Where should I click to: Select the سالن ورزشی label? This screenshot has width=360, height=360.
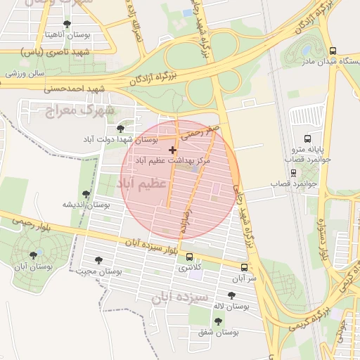(x=25, y=72)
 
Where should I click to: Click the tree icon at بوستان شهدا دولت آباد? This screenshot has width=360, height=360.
(x=121, y=129)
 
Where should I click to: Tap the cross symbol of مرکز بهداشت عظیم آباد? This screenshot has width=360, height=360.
(x=172, y=150)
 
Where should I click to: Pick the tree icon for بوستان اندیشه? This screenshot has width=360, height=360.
(x=86, y=194)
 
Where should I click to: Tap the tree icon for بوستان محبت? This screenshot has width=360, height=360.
(x=98, y=260)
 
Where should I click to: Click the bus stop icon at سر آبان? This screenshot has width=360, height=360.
(x=244, y=268)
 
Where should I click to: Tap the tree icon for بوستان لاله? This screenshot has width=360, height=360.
(x=231, y=296)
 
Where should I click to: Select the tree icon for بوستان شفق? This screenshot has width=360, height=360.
(x=218, y=321)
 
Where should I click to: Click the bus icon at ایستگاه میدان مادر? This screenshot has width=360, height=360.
(x=333, y=51)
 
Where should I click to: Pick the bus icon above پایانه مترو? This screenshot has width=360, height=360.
(x=307, y=139)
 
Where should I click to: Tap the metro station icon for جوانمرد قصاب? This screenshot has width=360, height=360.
(x=293, y=173)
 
